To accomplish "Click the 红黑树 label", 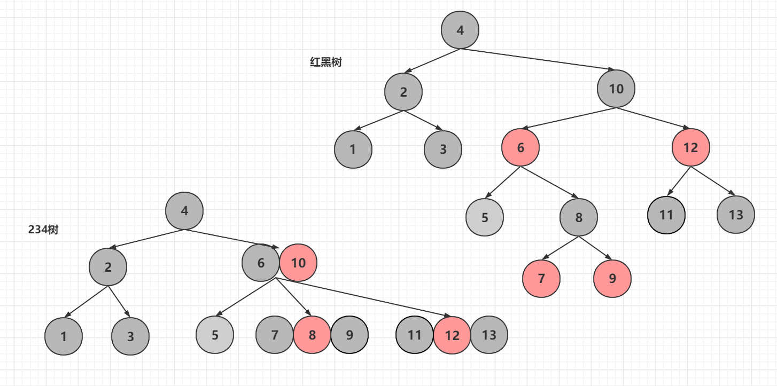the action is pyautogui.click(x=325, y=62).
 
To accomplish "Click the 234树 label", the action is pyautogui.click(x=43, y=230).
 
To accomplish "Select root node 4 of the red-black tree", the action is pyautogui.click(x=460, y=30).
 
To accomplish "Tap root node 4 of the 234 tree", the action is pyautogui.click(x=184, y=211).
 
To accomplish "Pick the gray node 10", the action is pyautogui.click(x=616, y=89).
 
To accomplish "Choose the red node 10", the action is pyautogui.click(x=298, y=263).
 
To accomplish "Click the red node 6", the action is pyautogui.click(x=520, y=147).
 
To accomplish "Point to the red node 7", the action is pyautogui.click(x=541, y=278).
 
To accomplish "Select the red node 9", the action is pyautogui.click(x=612, y=278).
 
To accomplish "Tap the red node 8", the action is pyautogui.click(x=312, y=335).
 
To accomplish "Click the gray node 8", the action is pyautogui.click(x=579, y=217).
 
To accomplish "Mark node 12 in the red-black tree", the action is pyautogui.click(x=691, y=147).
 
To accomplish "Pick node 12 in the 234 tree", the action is pyautogui.click(x=452, y=335).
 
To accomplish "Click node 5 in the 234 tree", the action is pyautogui.click(x=215, y=335).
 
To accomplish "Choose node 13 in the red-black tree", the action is pyautogui.click(x=736, y=215).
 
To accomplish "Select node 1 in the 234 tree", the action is pyautogui.click(x=64, y=337).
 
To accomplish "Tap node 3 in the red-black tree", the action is pyautogui.click(x=443, y=149).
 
